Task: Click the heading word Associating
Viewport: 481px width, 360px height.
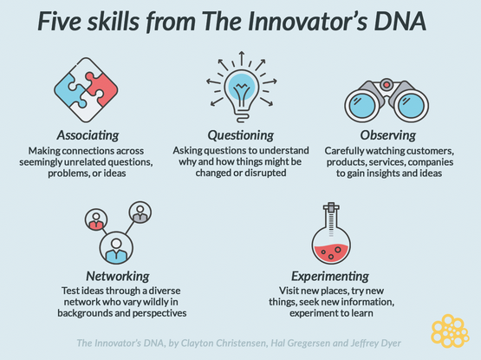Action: coord(88,135)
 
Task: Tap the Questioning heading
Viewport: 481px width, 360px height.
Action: coord(241,135)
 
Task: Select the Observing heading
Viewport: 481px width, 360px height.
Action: coord(388,135)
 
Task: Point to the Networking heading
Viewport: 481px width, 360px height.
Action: coord(118,276)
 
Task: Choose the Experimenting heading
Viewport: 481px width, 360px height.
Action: coord(330,276)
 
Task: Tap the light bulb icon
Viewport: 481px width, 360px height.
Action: coord(242,92)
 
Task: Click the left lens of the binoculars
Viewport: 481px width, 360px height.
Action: coord(362,105)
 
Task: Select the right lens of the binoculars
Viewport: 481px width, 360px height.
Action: coord(411,105)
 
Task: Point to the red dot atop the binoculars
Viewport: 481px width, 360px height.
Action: coord(387,84)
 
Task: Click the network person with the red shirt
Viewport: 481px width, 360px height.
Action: coord(96,220)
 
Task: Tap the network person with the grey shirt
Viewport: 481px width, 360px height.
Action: coord(140,213)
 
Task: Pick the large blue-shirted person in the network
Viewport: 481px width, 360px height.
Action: coord(116,248)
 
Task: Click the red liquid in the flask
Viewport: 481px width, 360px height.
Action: coord(331,252)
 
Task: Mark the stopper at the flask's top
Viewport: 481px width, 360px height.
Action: coord(331,207)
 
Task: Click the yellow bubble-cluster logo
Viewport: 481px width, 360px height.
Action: coord(450,331)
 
